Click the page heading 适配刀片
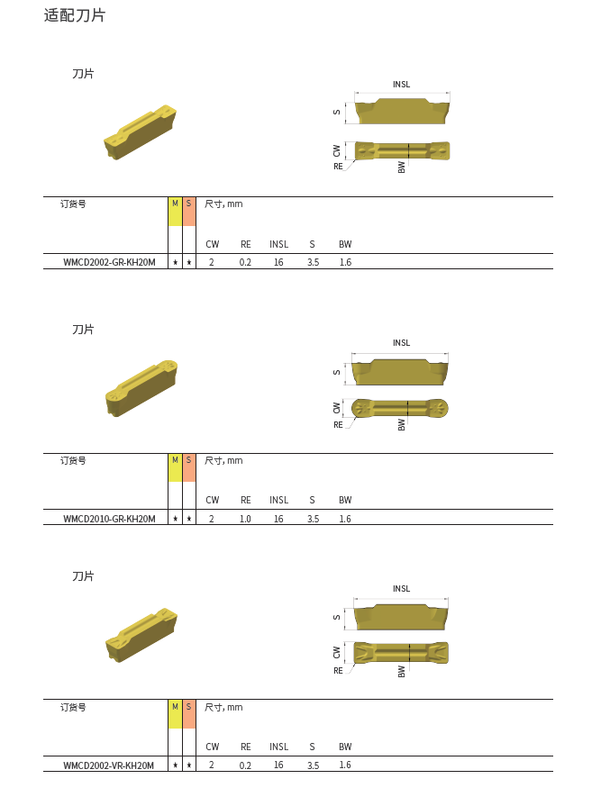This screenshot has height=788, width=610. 75,15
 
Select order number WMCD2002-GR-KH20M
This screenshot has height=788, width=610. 109,262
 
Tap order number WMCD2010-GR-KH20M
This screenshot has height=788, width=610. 109,519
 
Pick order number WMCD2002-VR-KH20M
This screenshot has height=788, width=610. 109,765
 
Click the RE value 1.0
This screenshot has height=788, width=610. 245,519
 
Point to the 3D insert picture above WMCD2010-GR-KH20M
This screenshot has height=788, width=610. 141,388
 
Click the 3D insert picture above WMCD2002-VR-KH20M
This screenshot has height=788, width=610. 141,635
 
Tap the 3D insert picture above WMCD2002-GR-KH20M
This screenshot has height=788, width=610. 141,132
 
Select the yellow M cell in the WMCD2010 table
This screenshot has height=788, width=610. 175,468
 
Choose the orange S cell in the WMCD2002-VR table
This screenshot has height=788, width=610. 188,714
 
